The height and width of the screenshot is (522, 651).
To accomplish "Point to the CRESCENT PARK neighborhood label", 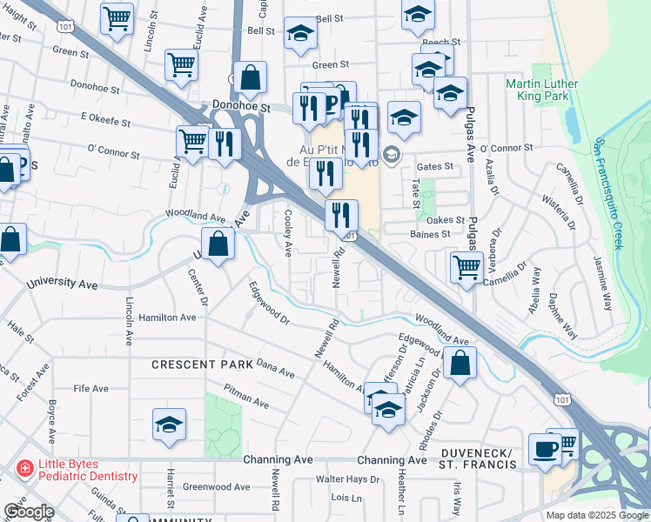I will tap(202, 364).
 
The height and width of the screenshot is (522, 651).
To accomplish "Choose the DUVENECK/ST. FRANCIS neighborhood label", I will tap(479, 458).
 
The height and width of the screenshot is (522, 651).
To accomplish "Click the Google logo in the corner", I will tap(29, 512).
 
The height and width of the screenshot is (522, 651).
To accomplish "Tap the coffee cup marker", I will tap(546, 449).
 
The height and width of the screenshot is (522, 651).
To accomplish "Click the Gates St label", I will tap(436, 166).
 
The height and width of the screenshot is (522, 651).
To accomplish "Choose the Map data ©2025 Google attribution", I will tap(597, 515).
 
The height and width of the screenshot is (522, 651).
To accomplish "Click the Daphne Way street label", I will tap(563, 315).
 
